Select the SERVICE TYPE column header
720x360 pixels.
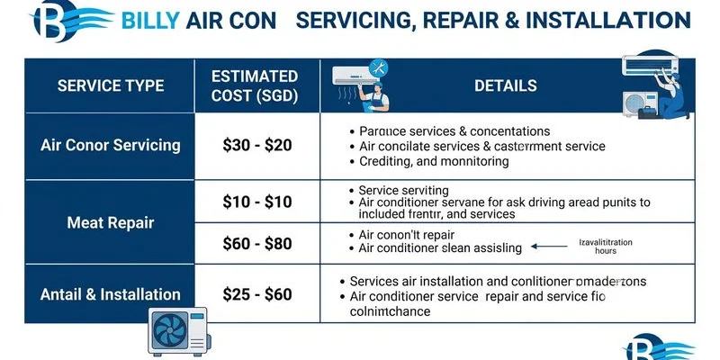[x=111, y=86]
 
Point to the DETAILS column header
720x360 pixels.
[x=505, y=86]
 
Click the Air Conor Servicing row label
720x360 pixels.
[x=111, y=145]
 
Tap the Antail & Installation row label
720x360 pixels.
[x=111, y=293]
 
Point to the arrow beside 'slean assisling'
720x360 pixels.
[x=547, y=244]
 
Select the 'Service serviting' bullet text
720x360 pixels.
[x=403, y=191]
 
